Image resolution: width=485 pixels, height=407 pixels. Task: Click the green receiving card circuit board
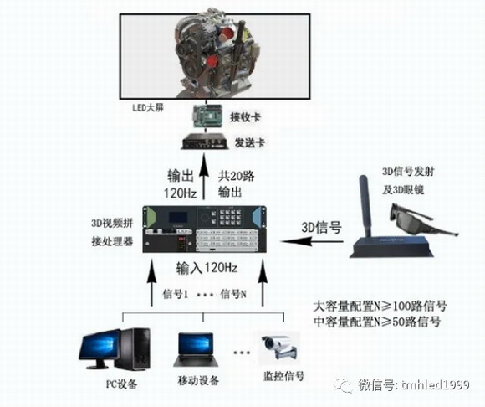point(207,116)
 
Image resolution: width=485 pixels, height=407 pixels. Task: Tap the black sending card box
point(205,142)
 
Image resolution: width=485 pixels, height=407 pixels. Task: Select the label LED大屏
point(147,108)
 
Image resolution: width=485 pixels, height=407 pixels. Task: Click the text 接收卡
point(245,117)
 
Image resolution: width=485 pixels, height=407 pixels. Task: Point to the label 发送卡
point(250,143)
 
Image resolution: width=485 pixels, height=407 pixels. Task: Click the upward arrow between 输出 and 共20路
point(203,177)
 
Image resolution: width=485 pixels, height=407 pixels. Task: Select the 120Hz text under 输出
point(180,193)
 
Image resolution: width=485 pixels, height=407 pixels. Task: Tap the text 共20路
point(236,176)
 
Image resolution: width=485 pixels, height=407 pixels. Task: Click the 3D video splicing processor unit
point(204,229)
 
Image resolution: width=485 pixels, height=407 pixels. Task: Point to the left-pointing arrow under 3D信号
point(312,241)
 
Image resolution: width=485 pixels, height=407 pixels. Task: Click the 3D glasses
point(423,220)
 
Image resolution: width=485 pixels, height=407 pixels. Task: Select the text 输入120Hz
point(207,268)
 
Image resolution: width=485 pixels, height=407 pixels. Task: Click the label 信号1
point(176,294)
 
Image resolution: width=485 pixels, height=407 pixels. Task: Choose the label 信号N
point(233,294)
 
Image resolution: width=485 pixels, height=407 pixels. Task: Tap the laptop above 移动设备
point(196,350)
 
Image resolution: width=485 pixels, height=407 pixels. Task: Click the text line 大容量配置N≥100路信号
point(380,307)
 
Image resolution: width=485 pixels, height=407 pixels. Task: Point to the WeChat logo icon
point(343,385)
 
